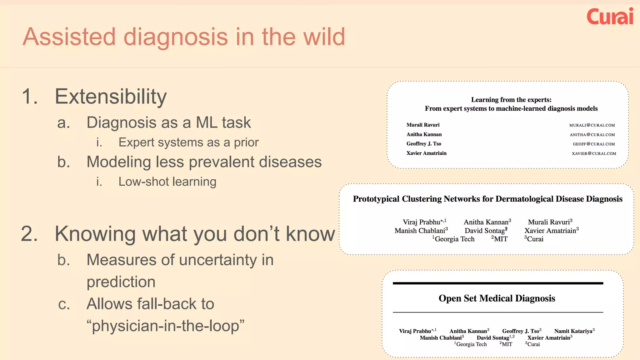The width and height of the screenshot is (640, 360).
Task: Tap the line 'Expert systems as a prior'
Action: tap(188, 142)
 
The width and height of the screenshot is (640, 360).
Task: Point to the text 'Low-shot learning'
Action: tap(167, 182)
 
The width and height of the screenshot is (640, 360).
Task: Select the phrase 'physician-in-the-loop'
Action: tap(165, 326)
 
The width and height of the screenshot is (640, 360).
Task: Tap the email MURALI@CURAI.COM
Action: tap(592, 125)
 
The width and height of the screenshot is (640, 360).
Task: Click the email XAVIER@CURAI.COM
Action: tap(594, 153)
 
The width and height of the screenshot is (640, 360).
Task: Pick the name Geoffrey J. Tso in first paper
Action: tap(423, 144)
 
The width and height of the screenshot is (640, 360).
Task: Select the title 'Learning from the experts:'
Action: tap(511, 100)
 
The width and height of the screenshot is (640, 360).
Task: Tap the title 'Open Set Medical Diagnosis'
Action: tap(497, 298)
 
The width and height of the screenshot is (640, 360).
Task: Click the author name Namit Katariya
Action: tap(573, 331)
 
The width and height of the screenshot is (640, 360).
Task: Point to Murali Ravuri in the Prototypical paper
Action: tap(549, 222)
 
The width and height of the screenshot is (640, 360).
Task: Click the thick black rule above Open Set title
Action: tap(497, 283)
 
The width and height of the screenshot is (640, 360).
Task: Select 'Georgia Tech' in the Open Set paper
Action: tap(471, 344)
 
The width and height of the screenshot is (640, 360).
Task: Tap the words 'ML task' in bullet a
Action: tap(223, 122)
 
